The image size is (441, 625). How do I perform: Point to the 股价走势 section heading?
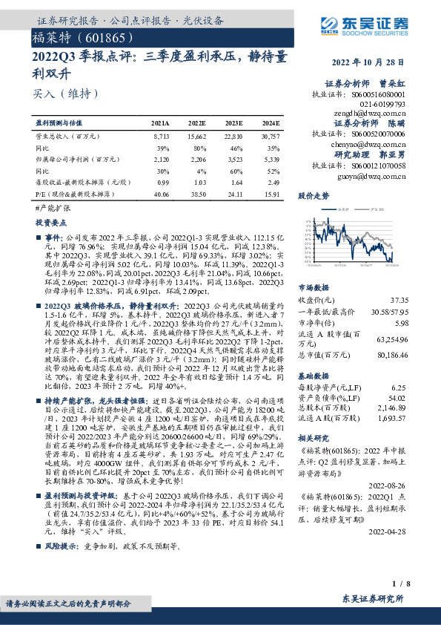[314, 197]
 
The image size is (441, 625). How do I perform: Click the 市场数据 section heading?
[314, 287]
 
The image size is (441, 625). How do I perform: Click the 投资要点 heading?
[50, 223]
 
